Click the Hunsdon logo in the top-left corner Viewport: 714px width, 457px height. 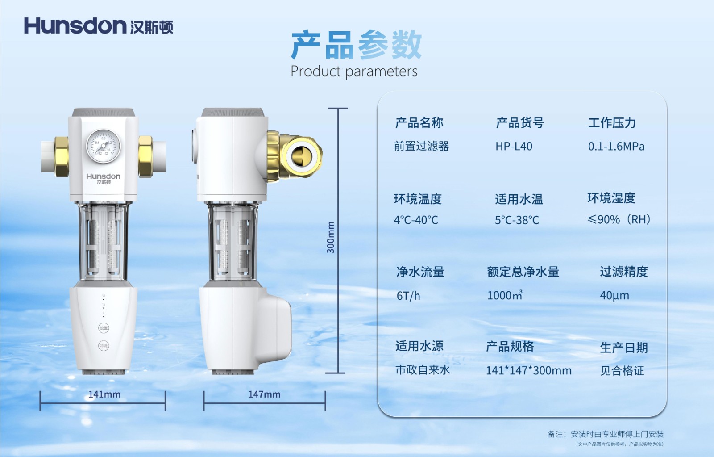(98, 25)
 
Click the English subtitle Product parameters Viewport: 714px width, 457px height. (354, 71)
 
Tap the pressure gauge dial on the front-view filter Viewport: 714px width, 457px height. (103, 146)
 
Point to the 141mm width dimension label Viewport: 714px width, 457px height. (104, 394)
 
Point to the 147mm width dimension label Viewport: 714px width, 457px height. (264, 394)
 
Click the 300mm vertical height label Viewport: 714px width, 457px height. (331, 237)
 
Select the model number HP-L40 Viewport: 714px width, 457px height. (514, 147)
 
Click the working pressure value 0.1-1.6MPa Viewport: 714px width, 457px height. (616, 147)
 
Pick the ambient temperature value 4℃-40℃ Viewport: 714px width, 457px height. (416, 220)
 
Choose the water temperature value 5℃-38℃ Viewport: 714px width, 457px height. (517, 220)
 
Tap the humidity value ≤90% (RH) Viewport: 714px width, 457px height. (619, 219)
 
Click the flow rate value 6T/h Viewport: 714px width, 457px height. (408, 296)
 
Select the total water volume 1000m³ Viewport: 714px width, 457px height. (504, 295)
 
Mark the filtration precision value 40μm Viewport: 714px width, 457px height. (614, 295)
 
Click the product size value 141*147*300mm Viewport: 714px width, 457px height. (528, 370)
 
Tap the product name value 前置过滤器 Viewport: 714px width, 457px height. (421, 147)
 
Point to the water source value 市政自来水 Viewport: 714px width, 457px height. (423, 370)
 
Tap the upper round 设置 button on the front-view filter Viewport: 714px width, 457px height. (104, 328)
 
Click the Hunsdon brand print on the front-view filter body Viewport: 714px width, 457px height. (103, 178)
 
